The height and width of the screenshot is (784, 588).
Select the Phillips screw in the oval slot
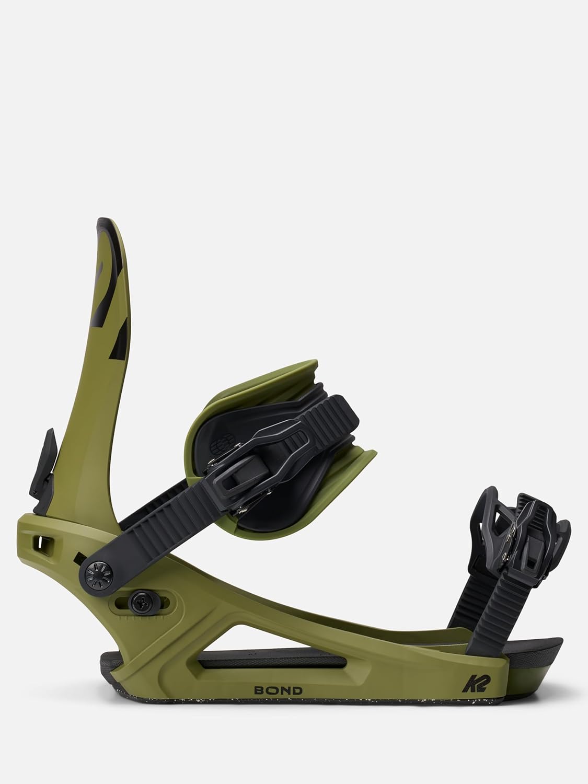[x=140, y=604]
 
